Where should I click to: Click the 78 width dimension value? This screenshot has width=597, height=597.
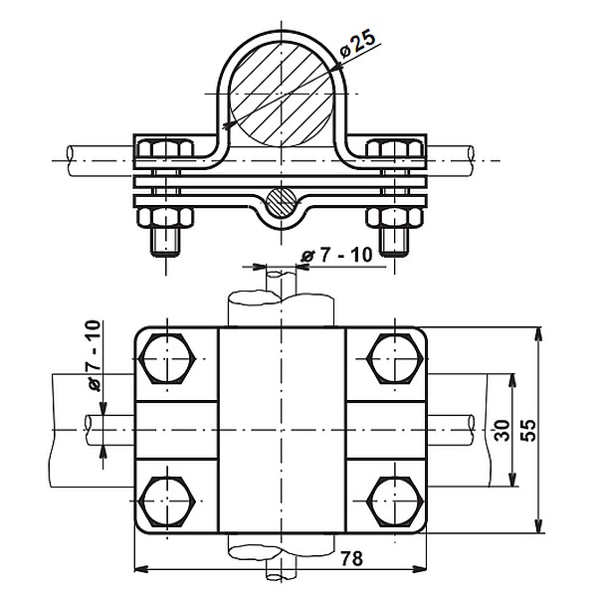[x=352, y=559]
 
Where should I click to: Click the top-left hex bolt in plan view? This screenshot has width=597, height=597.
[x=167, y=359]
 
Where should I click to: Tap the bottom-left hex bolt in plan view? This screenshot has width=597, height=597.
[x=167, y=501]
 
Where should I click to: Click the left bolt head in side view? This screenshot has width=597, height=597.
[x=164, y=150]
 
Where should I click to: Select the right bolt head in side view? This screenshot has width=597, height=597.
[x=396, y=150]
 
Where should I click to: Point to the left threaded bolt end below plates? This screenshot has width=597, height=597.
[x=164, y=241]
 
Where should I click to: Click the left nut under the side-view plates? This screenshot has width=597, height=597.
[x=164, y=217]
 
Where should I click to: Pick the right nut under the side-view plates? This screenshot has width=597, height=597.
[x=396, y=217]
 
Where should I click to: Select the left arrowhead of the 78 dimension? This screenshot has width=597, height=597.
[x=140, y=570]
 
